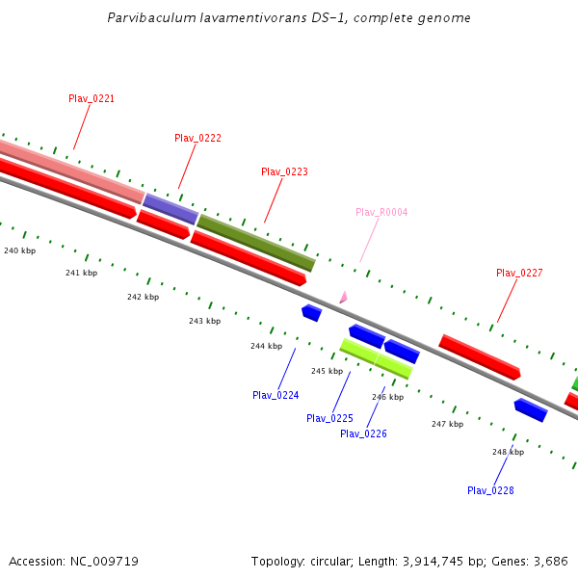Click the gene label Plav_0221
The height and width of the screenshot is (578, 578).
[92, 98]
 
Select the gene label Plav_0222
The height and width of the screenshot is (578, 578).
[197, 138]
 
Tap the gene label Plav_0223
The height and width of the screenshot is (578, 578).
[284, 171]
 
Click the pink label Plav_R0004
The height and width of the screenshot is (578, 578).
[381, 212]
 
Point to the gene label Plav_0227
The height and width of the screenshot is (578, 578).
[519, 273]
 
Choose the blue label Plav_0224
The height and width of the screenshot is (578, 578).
[276, 395]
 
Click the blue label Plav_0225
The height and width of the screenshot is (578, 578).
[329, 418]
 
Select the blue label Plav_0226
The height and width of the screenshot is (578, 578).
[363, 433]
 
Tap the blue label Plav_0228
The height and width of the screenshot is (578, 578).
[490, 490]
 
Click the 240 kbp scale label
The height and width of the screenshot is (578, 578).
[19, 250]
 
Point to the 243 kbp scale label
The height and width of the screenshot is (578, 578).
[204, 321]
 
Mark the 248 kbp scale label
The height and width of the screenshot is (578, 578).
[508, 452]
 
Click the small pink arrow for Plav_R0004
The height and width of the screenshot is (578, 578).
[342, 298]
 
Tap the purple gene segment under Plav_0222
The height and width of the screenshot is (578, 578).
[171, 209]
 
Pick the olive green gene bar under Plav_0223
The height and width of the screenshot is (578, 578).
[256, 243]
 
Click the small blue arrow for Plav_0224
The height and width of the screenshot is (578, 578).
[311, 312]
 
